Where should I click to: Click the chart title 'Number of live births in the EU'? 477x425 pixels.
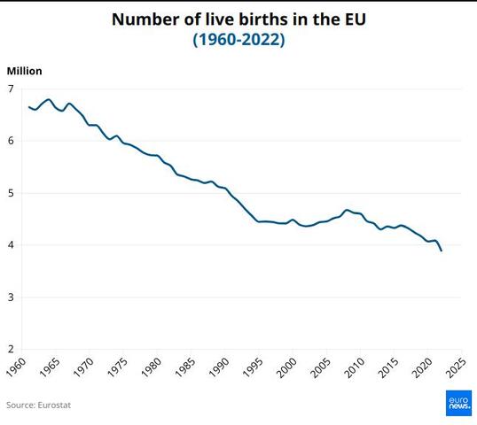pyautogui.click(x=238, y=19)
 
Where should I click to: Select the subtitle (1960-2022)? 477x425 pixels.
pyautogui.click(x=238, y=40)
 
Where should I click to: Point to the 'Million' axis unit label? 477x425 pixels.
pyautogui.click(x=24, y=71)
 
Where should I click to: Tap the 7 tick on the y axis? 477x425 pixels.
pyautogui.click(x=12, y=89)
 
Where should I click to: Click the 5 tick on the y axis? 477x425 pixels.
pyautogui.click(x=12, y=193)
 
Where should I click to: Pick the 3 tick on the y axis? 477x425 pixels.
pyautogui.click(x=12, y=297)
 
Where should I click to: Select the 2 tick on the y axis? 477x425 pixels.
pyautogui.click(x=12, y=349)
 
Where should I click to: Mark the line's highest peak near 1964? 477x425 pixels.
pyautogui.click(x=49, y=99)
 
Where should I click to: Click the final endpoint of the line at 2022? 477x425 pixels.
pyautogui.click(x=442, y=251)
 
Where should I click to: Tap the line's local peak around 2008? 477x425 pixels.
pyautogui.click(x=347, y=210)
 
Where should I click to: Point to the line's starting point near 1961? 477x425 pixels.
pyautogui.click(x=29, y=107)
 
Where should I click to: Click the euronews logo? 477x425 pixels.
pyautogui.click(x=458, y=403)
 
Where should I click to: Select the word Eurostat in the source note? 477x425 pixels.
pyautogui.click(x=54, y=406)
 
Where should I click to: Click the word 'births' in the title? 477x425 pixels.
pyautogui.click(x=259, y=19)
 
